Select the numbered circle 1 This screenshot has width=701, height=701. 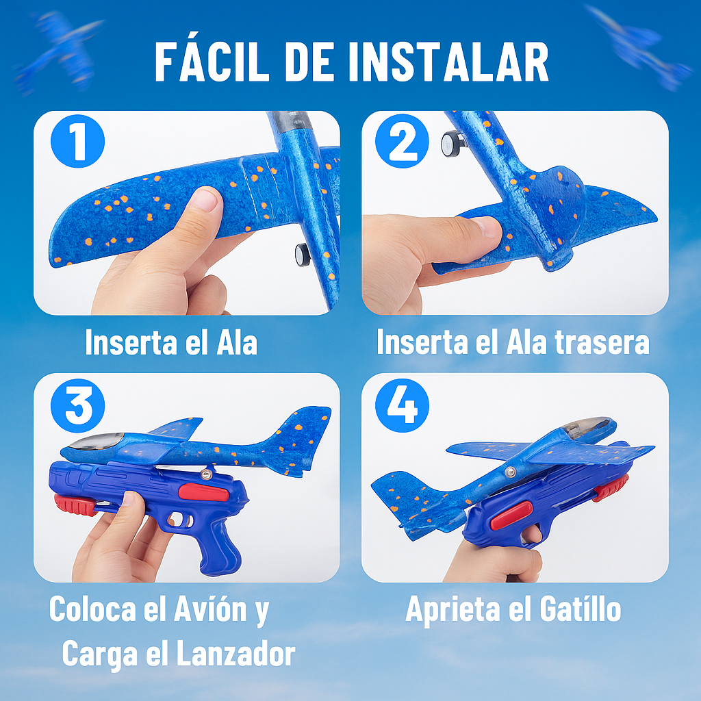coord(78,141)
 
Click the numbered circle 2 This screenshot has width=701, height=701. coord(402,141)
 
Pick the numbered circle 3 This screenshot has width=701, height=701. coord(78,405)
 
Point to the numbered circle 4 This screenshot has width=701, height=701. coord(402,405)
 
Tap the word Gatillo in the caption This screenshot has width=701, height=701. coord(581,609)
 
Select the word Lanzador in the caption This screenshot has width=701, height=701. coord(236,654)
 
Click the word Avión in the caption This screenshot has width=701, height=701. coord(210,609)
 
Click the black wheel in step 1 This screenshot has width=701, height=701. coord(302,255)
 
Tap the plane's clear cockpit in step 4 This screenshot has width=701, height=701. coord(586,426)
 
